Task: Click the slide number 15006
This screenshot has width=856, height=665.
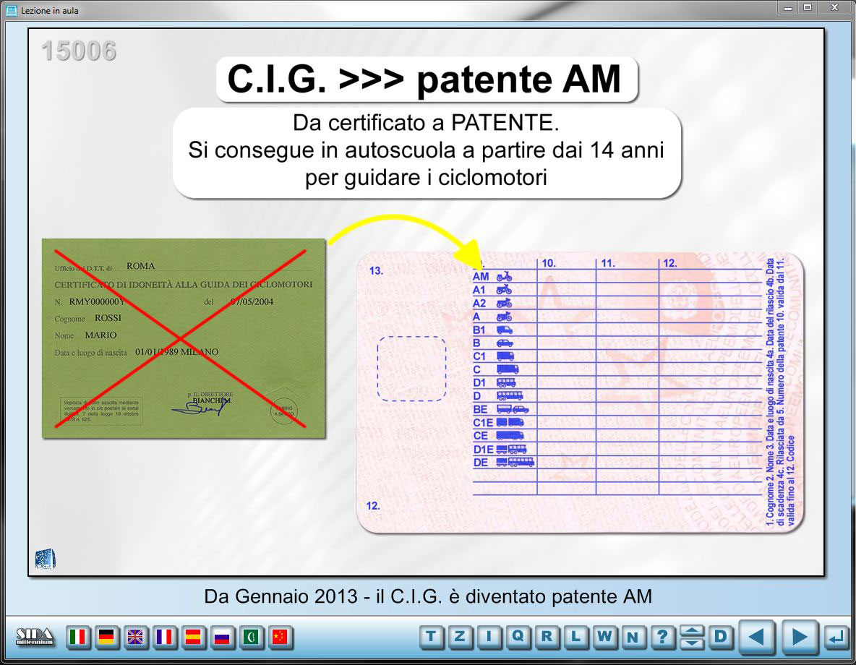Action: [78, 51]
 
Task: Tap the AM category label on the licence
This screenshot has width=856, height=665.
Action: [481, 276]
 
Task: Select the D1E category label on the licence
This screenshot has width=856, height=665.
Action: [483, 450]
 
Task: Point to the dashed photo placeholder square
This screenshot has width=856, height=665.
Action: [411, 369]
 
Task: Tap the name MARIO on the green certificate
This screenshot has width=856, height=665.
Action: [100, 335]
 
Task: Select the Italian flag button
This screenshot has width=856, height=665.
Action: [78, 637]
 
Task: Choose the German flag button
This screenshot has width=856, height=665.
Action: [106, 637]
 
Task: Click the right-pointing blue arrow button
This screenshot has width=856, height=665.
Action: [799, 637]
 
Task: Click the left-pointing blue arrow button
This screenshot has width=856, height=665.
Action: [756, 637]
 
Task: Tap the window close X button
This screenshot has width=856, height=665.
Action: [834, 8]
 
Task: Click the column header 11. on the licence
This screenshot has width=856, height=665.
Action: [608, 264]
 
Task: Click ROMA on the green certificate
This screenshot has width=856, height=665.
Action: [140, 266]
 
